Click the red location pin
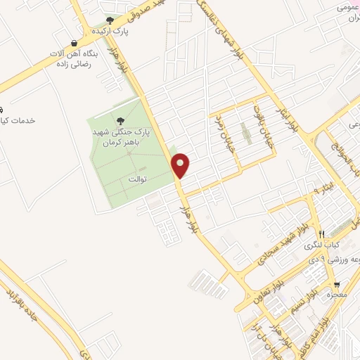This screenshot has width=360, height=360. (181, 165)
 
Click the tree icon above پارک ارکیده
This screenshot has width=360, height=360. (109, 20)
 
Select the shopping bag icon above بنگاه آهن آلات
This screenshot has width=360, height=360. (75, 43)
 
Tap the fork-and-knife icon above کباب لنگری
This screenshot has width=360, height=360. (321, 234)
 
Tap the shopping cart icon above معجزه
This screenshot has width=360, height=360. (337, 285)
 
